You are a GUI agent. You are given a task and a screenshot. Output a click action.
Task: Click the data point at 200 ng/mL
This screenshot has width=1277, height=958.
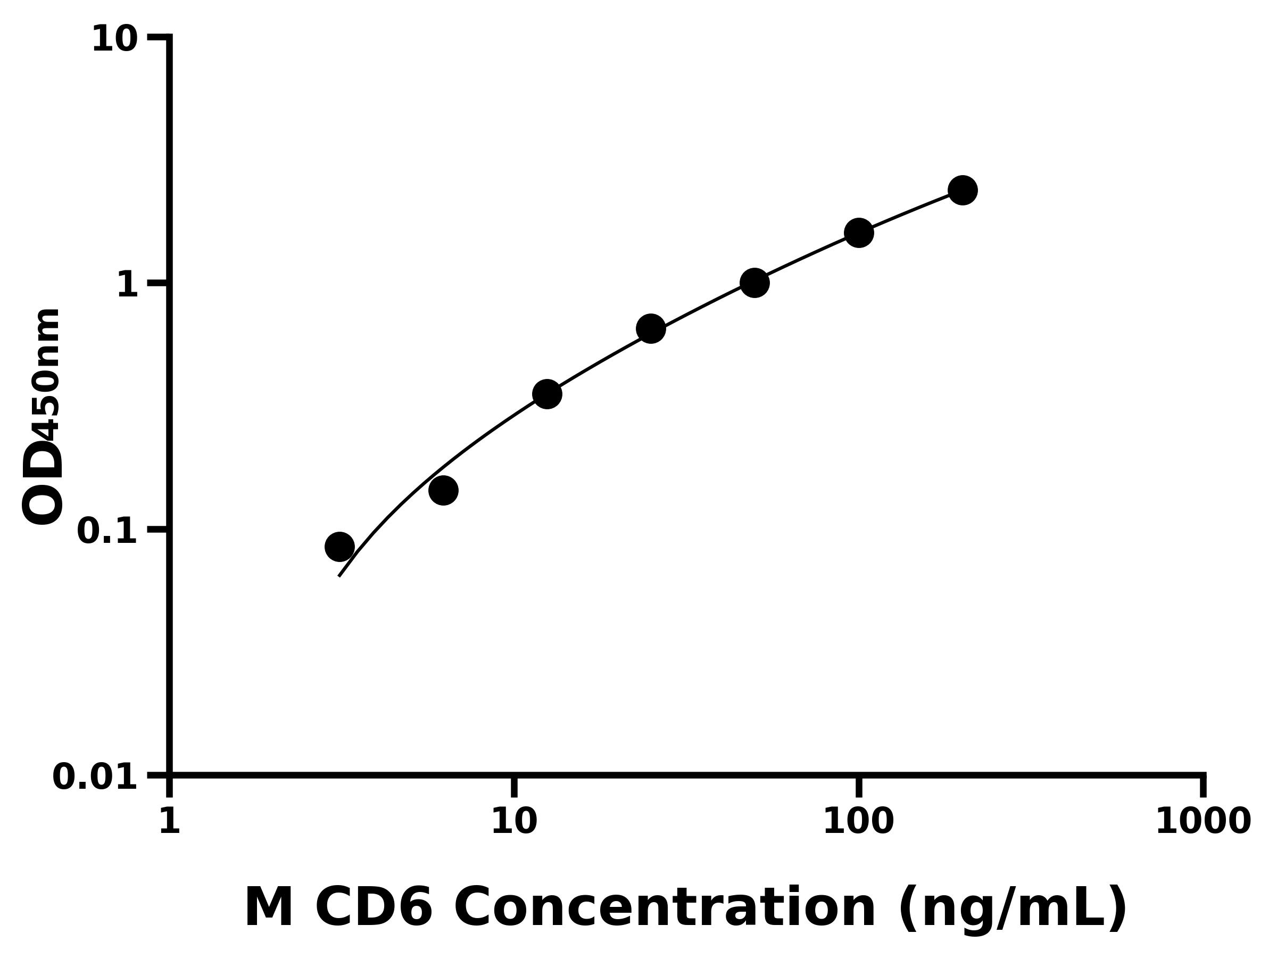963,190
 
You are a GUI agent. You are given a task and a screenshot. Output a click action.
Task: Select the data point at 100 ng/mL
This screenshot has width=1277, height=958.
858,233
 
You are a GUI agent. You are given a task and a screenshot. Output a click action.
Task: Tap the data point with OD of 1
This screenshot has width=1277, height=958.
754,283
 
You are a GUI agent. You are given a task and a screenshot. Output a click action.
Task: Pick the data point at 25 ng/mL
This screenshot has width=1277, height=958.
651,328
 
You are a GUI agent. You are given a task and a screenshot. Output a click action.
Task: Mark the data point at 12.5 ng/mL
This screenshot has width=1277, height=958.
546,394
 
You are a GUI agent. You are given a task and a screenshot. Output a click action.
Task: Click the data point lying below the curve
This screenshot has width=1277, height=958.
443,490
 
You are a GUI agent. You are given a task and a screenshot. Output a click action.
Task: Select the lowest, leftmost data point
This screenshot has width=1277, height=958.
339,546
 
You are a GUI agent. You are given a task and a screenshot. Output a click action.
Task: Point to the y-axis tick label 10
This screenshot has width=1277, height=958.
115,40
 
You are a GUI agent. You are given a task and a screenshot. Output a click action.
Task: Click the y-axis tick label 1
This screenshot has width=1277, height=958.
128,285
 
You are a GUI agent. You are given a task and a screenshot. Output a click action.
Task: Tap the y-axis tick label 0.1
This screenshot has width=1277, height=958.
107,531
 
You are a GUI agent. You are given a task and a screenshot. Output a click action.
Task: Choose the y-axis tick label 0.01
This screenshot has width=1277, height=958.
95,777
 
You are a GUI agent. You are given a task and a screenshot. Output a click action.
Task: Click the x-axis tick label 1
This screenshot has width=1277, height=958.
169,821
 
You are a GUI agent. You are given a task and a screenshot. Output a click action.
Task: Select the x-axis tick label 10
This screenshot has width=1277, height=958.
514,821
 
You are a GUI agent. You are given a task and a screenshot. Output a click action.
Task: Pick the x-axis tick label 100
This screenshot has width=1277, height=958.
858,821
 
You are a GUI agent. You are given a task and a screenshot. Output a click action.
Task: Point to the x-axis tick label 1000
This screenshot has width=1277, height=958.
1203,821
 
